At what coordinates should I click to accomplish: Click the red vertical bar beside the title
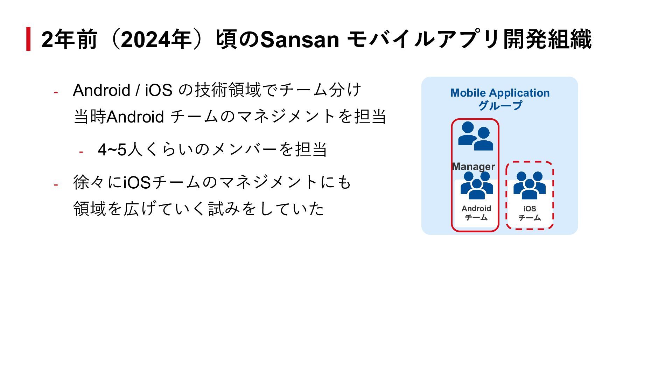[x=28, y=39]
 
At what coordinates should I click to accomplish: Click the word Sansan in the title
[x=300, y=40]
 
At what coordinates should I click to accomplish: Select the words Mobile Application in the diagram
[x=500, y=93]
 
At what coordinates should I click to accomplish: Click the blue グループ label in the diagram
[x=500, y=105]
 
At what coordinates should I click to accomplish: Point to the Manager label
[x=474, y=166]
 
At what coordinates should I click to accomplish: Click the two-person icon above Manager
[x=476, y=136]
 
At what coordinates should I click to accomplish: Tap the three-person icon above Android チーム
[x=476, y=185]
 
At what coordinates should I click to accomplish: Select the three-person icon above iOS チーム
[x=530, y=185]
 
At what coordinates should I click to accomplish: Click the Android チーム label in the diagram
[x=476, y=213]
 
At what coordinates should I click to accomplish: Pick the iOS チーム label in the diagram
[x=530, y=213]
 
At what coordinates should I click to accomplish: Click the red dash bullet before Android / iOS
[x=56, y=92]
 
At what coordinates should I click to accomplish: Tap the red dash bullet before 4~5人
[x=81, y=152]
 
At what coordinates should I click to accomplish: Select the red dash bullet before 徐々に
[x=56, y=184]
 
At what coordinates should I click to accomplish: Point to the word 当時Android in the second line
[x=119, y=117]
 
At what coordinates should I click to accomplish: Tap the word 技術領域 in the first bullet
[x=228, y=90]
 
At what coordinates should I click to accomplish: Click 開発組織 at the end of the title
[x=547, y=40]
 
